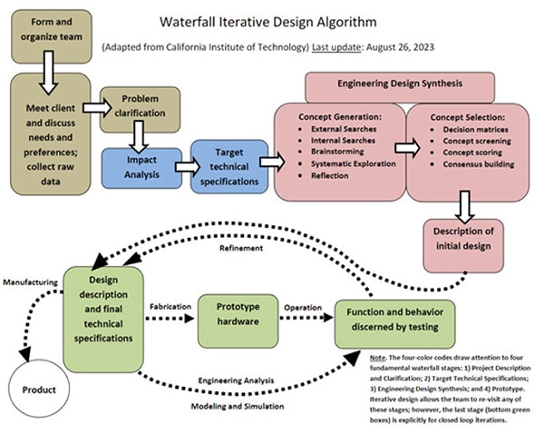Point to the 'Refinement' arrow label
(x=240, y=248)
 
